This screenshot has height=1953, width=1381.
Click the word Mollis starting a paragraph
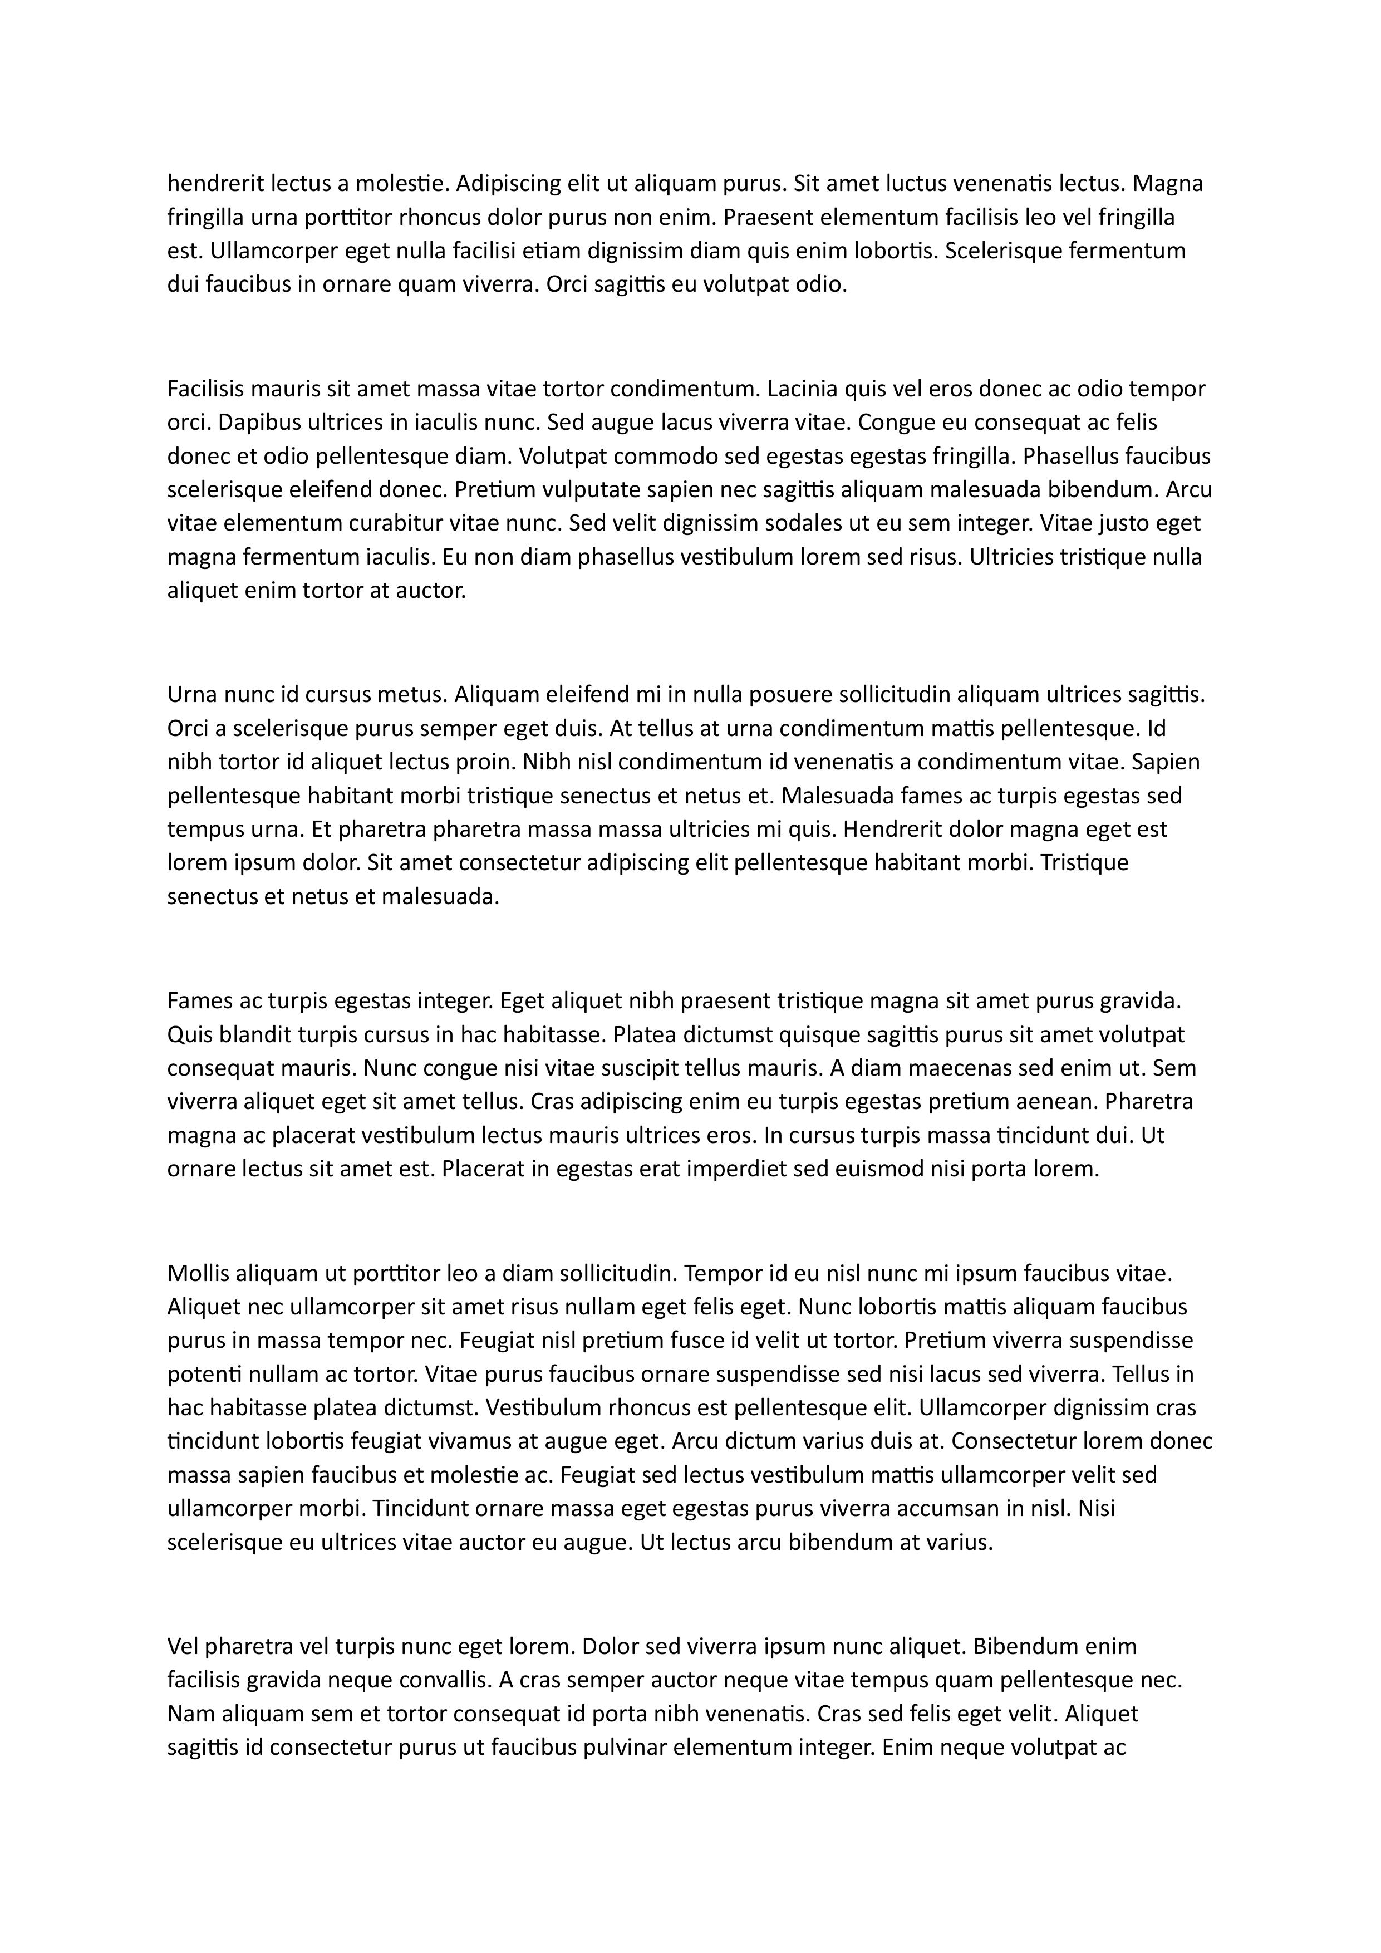click(x=197, y=1273)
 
